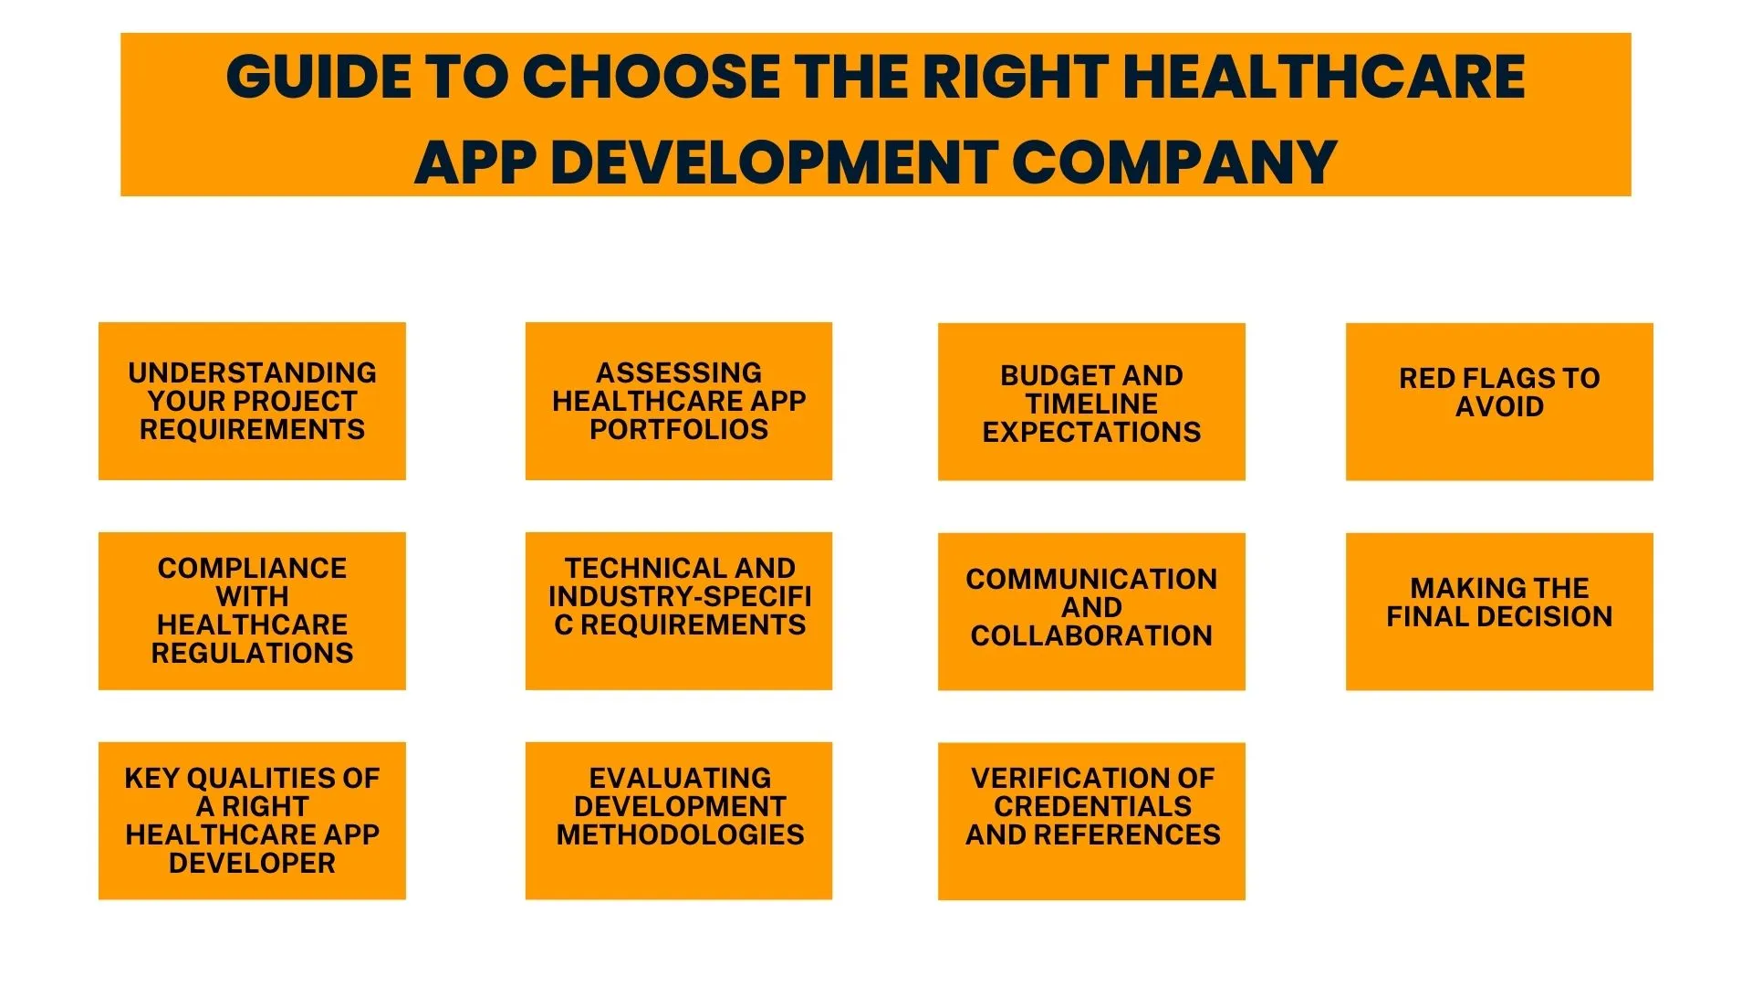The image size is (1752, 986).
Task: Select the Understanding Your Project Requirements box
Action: (252, 401)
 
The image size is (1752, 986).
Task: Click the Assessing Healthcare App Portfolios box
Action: (678, 401)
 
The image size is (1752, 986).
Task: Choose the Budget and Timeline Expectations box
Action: (1091, 402)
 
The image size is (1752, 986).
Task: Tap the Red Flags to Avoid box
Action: (1499, 402)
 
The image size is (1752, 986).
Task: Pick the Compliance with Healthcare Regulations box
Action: (252, 611)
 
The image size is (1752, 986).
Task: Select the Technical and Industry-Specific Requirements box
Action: (678, 611)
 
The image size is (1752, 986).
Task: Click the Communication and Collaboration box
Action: (1091, 612)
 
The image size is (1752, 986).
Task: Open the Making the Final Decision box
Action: (1499, 612)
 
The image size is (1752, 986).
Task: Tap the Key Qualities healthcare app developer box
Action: (252, 821)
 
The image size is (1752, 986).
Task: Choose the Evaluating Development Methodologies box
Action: (678, 821)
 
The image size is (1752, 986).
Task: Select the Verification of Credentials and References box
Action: (1091, 821)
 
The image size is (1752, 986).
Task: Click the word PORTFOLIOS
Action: (679, 429)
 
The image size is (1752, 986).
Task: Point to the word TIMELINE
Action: (1091, 404)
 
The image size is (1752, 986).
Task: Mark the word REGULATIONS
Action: (252, 653)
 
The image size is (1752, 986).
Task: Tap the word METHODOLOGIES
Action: (680, 834)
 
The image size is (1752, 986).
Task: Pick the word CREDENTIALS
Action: (1092, 806)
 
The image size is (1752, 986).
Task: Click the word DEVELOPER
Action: (252, 863)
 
